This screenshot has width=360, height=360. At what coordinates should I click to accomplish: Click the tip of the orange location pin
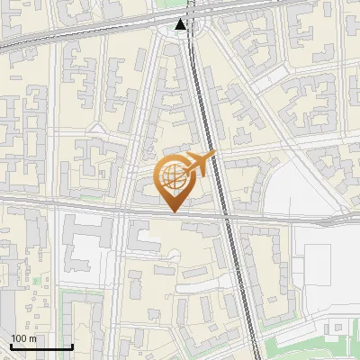point(174,211)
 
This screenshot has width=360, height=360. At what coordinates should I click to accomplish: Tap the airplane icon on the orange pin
point(200,165)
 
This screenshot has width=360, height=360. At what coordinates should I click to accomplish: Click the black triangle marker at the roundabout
point(182,25)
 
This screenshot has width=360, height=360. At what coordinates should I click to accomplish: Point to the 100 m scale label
point(23,338)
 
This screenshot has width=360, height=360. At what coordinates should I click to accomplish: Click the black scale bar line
point(41,347)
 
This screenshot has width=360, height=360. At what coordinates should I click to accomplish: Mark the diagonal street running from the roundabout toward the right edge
point(270,108)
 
